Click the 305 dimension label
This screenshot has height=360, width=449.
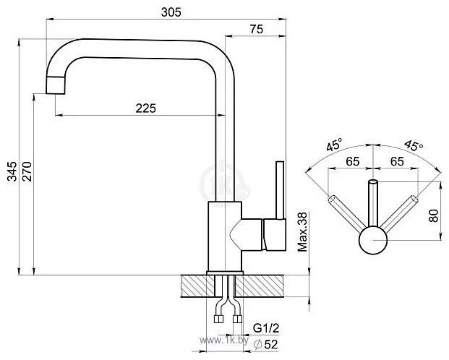point(171,12)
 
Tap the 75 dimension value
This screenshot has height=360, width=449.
point(256,29)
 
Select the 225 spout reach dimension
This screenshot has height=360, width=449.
point(146,108)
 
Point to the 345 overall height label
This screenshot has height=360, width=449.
point(12,171)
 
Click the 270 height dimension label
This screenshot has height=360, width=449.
point(27,171)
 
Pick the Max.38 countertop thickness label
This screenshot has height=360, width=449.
point(302,232)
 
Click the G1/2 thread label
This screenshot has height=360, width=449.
point(266,328)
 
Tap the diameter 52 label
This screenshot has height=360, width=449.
point(266,344)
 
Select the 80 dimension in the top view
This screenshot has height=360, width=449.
point(434,215)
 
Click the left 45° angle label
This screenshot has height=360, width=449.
point(334,144)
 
